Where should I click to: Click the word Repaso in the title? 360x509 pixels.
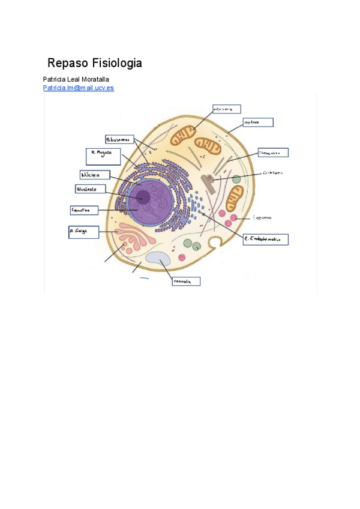[68, 63]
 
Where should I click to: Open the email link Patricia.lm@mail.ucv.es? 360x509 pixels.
[78, 88]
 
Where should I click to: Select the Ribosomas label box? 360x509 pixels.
[118, 139]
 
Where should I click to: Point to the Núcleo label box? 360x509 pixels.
[95, 175]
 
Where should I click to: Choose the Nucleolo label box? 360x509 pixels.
[91, 188]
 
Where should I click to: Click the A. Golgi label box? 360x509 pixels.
[82, 232]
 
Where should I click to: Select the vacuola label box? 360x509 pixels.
[185, 281]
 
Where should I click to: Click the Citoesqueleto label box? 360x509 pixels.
[273, 153]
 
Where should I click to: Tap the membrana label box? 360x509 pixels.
[257, 122]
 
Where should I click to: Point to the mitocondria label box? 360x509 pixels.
[226, 109]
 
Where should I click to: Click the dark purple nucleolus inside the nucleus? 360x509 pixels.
[143, 196]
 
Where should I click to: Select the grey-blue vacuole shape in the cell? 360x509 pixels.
[157, 259]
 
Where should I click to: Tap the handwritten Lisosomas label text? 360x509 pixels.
[263, 217]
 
